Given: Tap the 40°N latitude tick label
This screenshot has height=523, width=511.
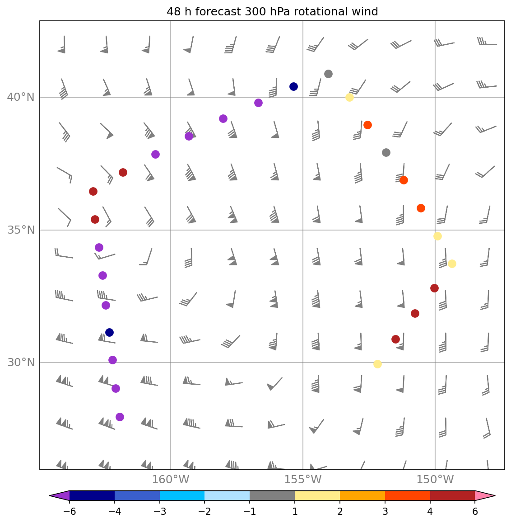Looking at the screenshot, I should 21,98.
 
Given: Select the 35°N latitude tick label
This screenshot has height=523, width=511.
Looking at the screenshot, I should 21,230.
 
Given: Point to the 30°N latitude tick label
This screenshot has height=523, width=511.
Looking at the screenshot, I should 21,363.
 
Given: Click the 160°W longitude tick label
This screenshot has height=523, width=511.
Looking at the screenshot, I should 171,480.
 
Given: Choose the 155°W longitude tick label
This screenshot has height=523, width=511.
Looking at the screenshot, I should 303,480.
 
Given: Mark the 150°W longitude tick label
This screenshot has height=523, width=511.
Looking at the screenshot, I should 435,480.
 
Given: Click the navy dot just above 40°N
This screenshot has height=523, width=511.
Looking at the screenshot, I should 293,86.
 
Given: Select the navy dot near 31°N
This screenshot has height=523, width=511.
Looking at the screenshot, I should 109,332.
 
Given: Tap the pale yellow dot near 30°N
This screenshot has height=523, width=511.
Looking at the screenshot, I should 377,364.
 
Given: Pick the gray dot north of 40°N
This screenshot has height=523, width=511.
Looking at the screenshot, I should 328,74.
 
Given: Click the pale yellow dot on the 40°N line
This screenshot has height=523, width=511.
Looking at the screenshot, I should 349,97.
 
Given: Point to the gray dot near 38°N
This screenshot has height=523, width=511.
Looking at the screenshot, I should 386,152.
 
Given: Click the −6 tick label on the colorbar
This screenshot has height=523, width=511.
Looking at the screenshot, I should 70,512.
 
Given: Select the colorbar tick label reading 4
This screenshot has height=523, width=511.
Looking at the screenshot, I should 430,512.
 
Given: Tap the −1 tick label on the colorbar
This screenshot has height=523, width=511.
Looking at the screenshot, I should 250,512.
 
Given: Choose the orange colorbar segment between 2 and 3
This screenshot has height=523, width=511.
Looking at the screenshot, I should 362,496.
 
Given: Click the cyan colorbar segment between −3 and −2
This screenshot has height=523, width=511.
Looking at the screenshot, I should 182,496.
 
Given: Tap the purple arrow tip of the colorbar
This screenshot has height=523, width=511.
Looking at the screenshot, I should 59,496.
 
